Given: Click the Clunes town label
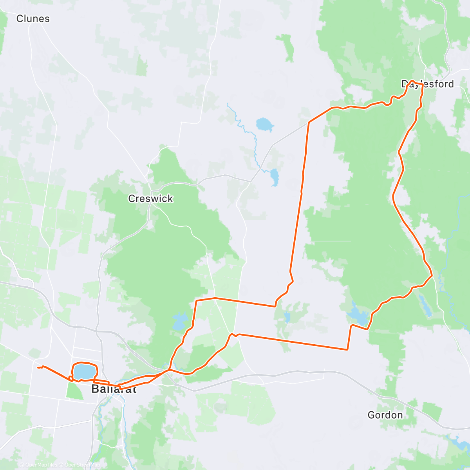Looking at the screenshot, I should tap(33, 19).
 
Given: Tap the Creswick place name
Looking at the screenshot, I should tap(150, 199).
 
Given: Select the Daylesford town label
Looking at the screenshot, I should tap(428, 84).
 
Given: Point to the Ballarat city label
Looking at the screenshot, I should tap(114, 389).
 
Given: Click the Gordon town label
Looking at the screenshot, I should tap(385, 415).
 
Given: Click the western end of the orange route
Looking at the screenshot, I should tap(38, 367).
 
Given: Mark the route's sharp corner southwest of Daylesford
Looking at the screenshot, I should tap(309, 122).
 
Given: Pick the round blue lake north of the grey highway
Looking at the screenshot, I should tap(264, 125).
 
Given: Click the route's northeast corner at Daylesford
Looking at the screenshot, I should tap(422, 85).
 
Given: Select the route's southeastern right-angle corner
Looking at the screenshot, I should tap(347, 349).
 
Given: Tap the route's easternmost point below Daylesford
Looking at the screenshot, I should tap(432, 276).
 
